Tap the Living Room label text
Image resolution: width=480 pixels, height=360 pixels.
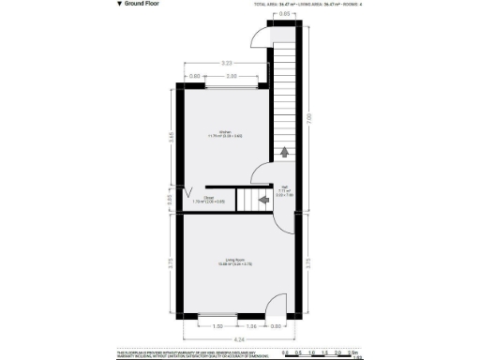pyautogui.click(x=234, y=261)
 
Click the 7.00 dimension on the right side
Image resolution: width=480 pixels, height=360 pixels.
pyautogui.click(x=309, y=116)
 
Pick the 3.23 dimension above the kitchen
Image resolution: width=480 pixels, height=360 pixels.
pyautogui.click(x=227, y=63)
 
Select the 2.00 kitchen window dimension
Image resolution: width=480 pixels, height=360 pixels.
pyautogui.click(x=232, y=76)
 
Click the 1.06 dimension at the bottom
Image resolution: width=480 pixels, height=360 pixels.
pyautogui.click(x=251, y=326)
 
